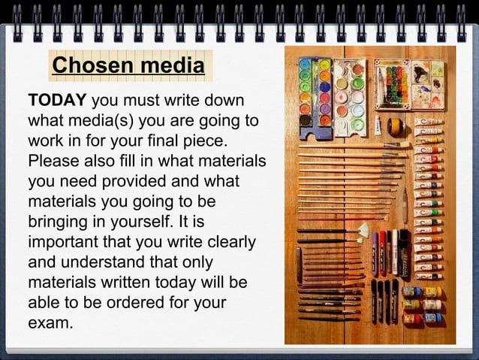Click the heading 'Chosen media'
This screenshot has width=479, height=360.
point(128,66)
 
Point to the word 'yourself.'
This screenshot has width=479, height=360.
point(148,222)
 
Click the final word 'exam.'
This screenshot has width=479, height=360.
point(50,324)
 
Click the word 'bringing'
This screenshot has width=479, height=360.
point(56,222)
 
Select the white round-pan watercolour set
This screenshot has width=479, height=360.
point(350,96)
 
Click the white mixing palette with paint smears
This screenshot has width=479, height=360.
point(427,85)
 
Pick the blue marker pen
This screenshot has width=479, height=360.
point(375,252)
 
